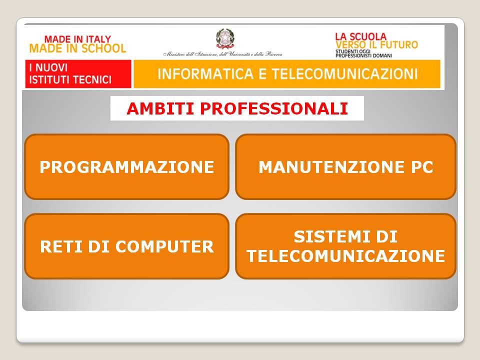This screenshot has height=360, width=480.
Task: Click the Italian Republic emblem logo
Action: [225, 39]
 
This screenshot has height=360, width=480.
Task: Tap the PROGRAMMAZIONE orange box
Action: [126, 167]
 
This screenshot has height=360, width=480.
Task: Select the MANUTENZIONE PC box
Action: [346, 167]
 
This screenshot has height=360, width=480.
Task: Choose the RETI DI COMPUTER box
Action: [126, 246]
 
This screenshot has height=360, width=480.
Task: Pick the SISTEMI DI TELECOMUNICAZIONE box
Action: [346, 246]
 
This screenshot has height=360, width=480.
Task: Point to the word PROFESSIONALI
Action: [274, 108]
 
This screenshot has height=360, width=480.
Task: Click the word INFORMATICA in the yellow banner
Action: [205, 74]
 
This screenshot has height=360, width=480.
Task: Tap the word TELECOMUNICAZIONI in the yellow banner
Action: [344, 74]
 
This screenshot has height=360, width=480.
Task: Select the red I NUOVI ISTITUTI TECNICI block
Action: [78, 74]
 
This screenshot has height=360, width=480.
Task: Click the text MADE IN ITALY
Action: [77, 39]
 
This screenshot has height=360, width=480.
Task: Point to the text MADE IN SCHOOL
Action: [77, 48]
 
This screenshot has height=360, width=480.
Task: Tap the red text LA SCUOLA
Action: [361, 36]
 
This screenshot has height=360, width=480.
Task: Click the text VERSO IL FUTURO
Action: [376, 45]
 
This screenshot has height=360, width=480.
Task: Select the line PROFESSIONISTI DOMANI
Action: [363, 55]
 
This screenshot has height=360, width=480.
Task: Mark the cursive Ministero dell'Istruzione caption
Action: [222, 54]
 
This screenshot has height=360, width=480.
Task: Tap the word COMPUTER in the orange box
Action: [164, 246]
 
